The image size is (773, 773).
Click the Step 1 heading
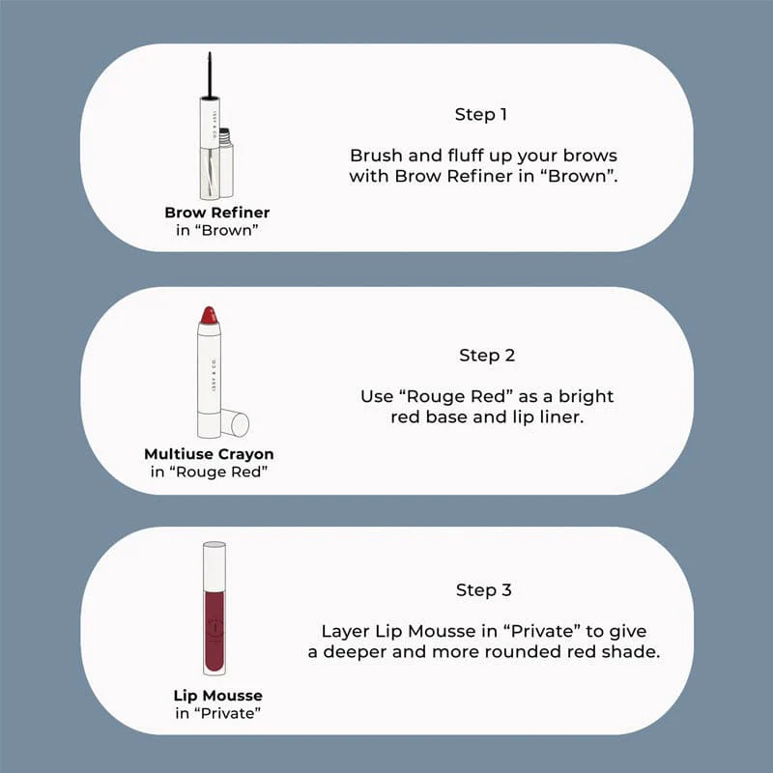pos(480,114)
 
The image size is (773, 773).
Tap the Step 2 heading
pos(487,355)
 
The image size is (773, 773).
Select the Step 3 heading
pos(484,589)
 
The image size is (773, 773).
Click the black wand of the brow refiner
pos(210,75)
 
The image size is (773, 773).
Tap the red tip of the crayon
pos(209,315)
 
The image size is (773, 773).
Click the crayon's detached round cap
pos(235,423)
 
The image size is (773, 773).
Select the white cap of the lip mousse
pos(215,566)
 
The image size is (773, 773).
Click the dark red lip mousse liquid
pos(215,631)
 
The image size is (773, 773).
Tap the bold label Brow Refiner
pos(216,213)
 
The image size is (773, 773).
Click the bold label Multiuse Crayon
pos(209,454)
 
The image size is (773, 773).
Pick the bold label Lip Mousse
pos(218,696)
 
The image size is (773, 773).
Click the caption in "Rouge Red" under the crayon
pos(209,472)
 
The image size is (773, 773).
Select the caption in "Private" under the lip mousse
pos(218,713)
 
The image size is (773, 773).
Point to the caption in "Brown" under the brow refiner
pos(216,230)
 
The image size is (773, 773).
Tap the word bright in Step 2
pos(587,396)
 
